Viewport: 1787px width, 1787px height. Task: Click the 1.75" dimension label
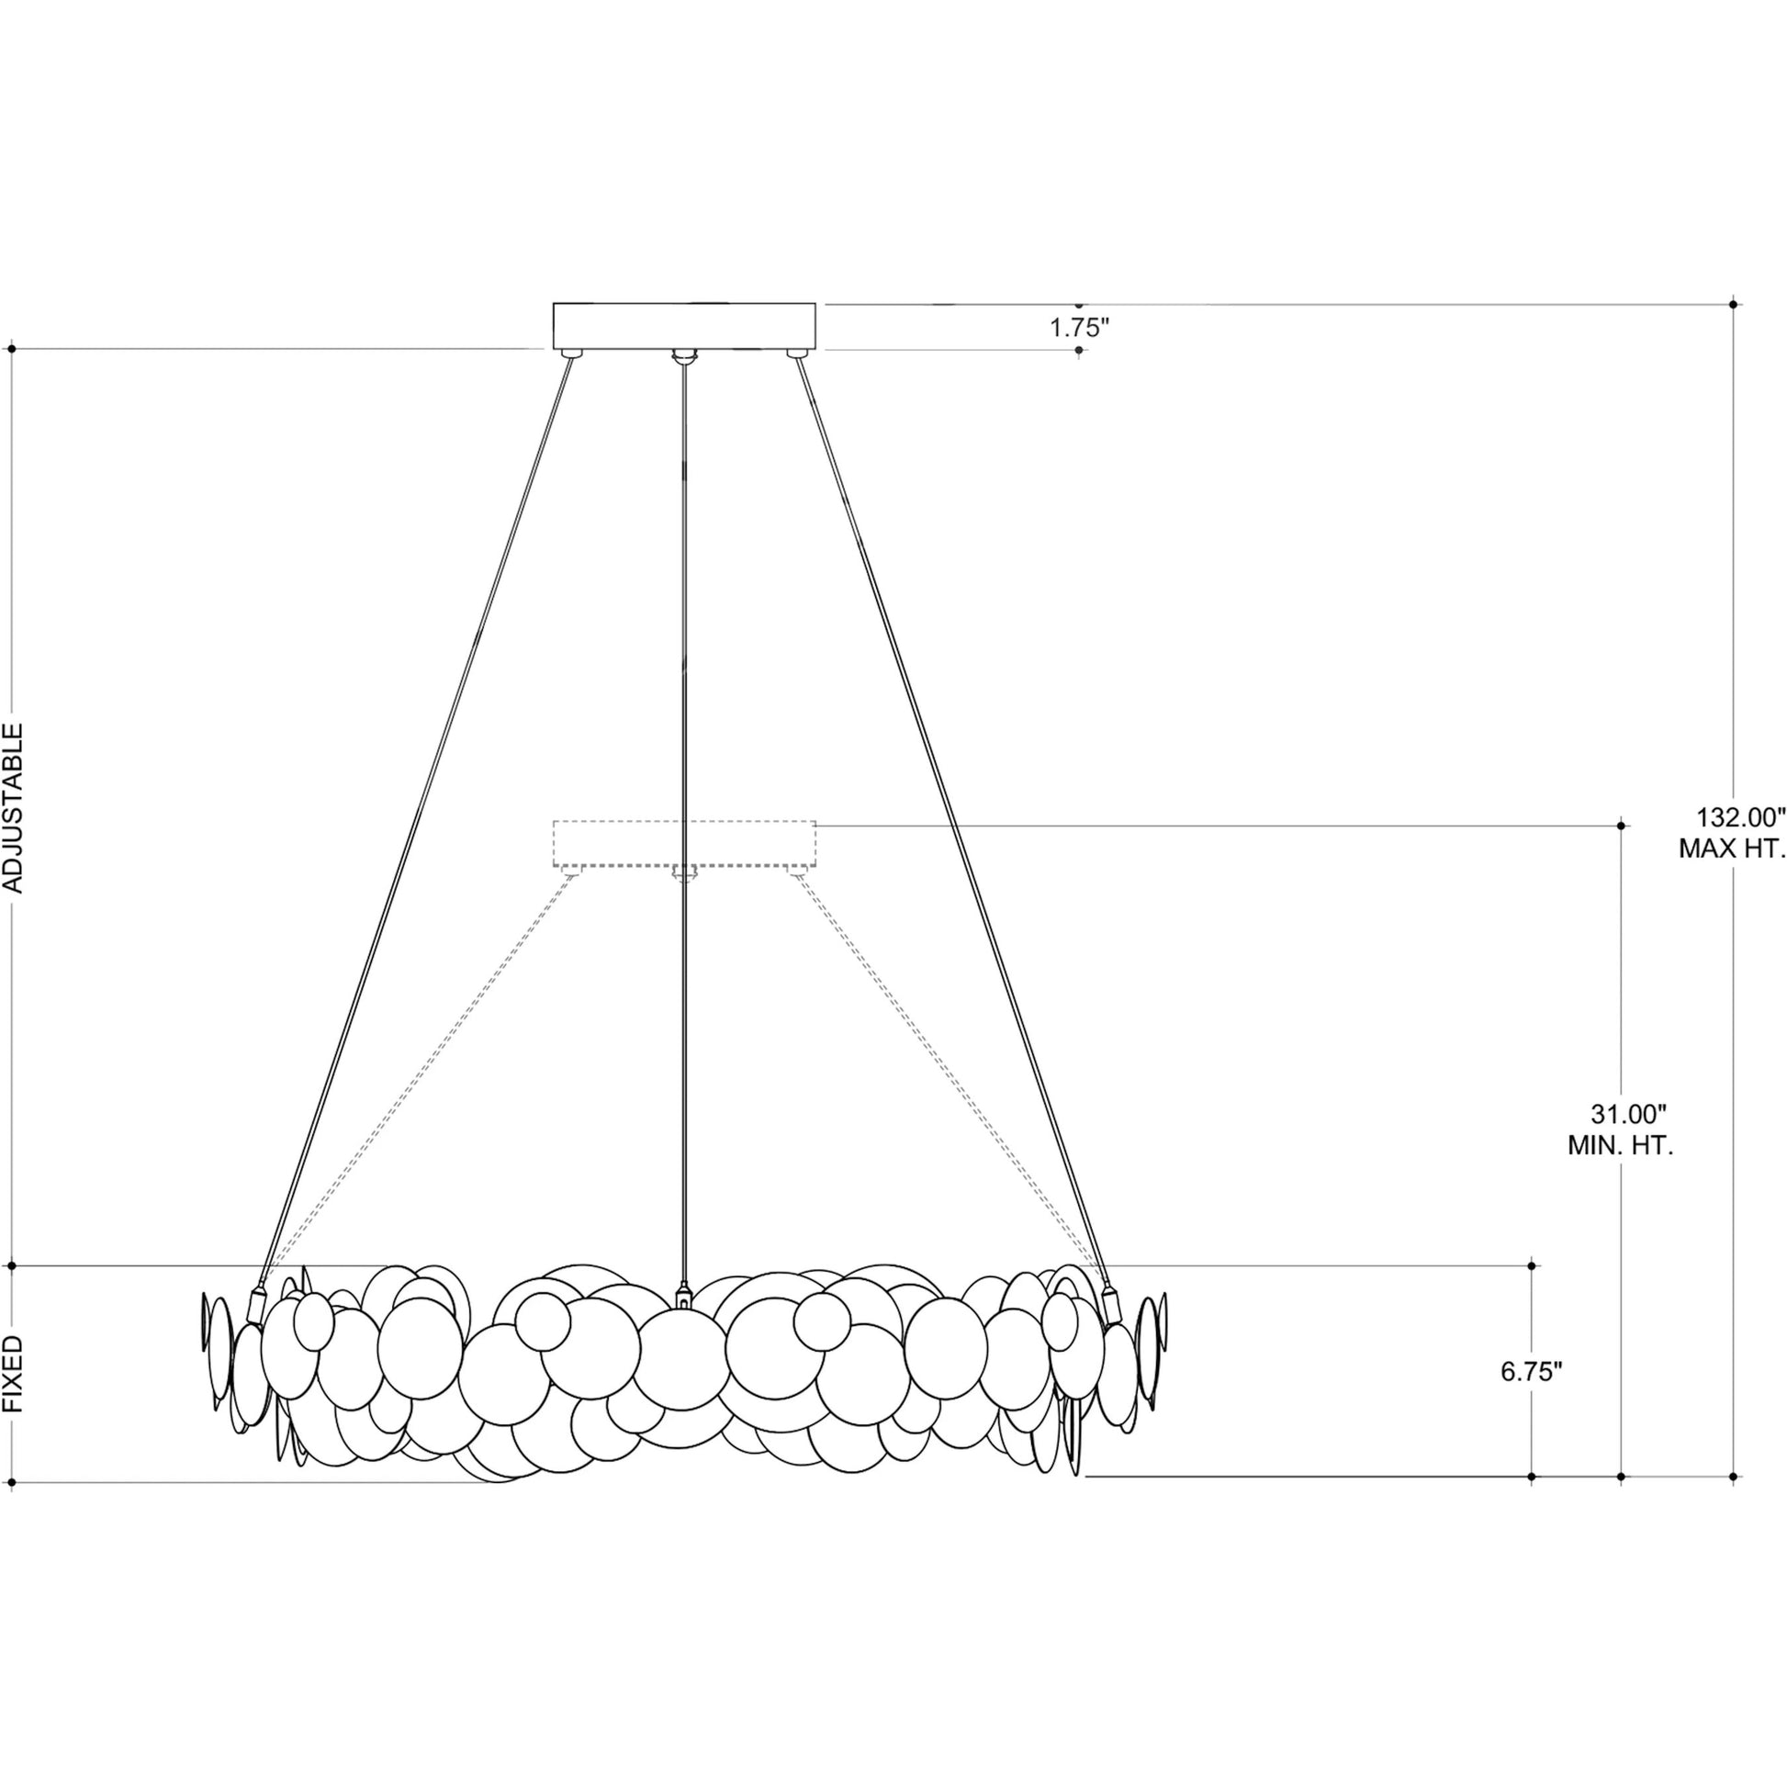tap(1078, 329)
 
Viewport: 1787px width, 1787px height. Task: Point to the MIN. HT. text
tap(1621, 1146)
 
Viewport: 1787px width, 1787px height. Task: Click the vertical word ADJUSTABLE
tap(14, 808)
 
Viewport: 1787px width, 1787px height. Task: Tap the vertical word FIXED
tap(14, 1387)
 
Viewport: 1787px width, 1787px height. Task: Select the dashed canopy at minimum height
tap(683, 844)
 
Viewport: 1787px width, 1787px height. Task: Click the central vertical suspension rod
tap(683, 814)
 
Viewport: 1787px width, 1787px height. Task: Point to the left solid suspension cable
tap(416, 814)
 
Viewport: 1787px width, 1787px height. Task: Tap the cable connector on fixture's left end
tap(255, 1305)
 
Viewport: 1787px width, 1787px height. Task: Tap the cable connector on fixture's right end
tap(1111, 1305)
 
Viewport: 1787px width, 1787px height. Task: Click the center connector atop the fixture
tap(683, 1294)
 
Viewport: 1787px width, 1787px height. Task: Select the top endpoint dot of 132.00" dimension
tap(1734, 303)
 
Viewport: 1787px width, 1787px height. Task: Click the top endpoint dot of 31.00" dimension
tap(1622, 825)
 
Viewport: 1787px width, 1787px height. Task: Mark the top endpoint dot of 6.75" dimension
tap(1532, 1265)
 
